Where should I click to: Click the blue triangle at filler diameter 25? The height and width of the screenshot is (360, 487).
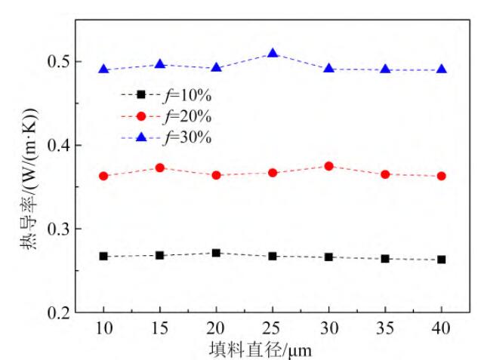(x=273, y=54)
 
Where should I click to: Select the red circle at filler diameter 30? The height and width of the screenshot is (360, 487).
(x=329, y=165)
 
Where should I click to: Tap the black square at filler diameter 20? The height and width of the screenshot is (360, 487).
(x=216, y=253)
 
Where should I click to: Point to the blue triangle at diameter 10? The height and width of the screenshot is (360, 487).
(x=104, y=69)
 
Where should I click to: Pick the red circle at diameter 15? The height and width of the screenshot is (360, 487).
(x=160, y=168)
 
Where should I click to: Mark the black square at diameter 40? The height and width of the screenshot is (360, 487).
(x=442, y=260)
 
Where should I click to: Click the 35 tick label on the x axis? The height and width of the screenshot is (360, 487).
(x=385, y=330)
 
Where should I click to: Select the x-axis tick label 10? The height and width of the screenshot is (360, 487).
(x=104, y=330)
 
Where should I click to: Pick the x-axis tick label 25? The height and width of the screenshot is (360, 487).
(x=273, y=330)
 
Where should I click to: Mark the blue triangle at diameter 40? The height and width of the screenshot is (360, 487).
(x=442, y=69)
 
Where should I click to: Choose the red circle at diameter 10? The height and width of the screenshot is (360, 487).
(x=104, y=176)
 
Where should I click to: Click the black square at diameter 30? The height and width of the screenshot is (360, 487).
(x=329, y=257)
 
